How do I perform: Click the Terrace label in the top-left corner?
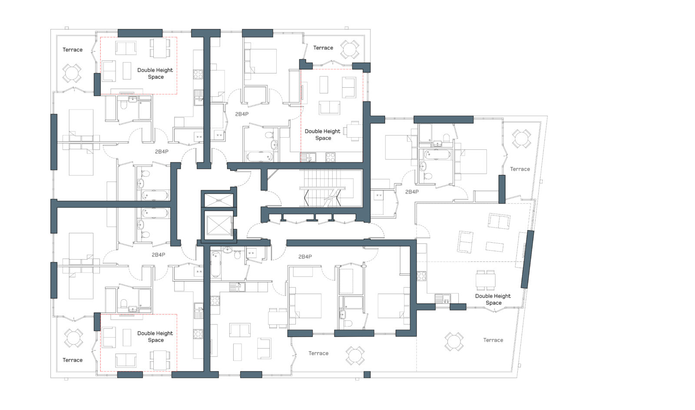click(x=72, y=50)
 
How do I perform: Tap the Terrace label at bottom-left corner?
click(x=72, y=360)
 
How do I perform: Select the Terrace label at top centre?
click(x=323, y=48)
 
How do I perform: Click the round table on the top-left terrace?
click(x=72, y=73)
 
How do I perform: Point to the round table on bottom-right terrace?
click(x=454, y=342)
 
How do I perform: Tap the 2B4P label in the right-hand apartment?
click(x=412, y=192)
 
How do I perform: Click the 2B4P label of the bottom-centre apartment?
click(x=305, y=257)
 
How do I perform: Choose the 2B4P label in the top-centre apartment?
click(x=242, y=114)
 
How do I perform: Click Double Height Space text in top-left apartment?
click(x=155, y=73)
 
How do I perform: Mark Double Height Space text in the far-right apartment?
click(x=493, y=299)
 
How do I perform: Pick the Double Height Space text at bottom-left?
click(x=155, y=337)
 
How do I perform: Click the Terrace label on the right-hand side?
click(x=520, y=169)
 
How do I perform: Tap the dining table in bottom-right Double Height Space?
click(x=485, y=280)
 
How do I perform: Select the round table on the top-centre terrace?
click(x=349, y=50)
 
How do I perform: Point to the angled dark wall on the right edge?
click(x=527, y=259)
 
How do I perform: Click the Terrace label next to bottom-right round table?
click(x=493, y=340)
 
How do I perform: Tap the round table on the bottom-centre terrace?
click(x=355, y=355)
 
